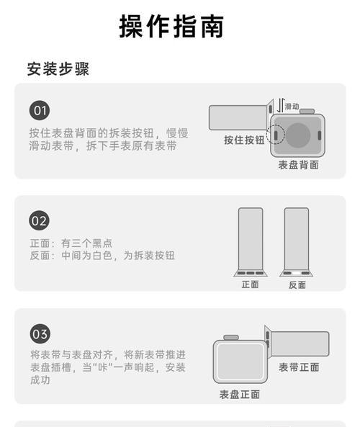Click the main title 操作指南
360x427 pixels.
point(171,26)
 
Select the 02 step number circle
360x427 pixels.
point(40,220)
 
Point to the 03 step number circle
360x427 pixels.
point(40,333)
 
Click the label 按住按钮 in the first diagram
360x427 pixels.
point(243,140)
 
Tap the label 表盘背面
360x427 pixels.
point(299,164)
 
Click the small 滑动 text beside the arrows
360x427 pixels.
point(292,106)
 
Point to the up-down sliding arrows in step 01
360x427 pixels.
point(281,106)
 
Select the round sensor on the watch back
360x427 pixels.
point(298,134)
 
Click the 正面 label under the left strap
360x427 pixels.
point(250,284)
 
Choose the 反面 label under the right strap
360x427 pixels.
point(297,284)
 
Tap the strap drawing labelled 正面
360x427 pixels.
point(251,238)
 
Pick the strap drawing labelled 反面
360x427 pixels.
point(297,238)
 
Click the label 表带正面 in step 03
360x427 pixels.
point(299,367)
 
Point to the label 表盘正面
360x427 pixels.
point(240,395)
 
